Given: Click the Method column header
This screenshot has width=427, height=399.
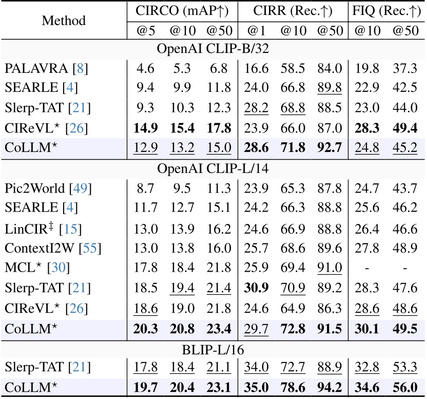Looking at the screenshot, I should [64, 21].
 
